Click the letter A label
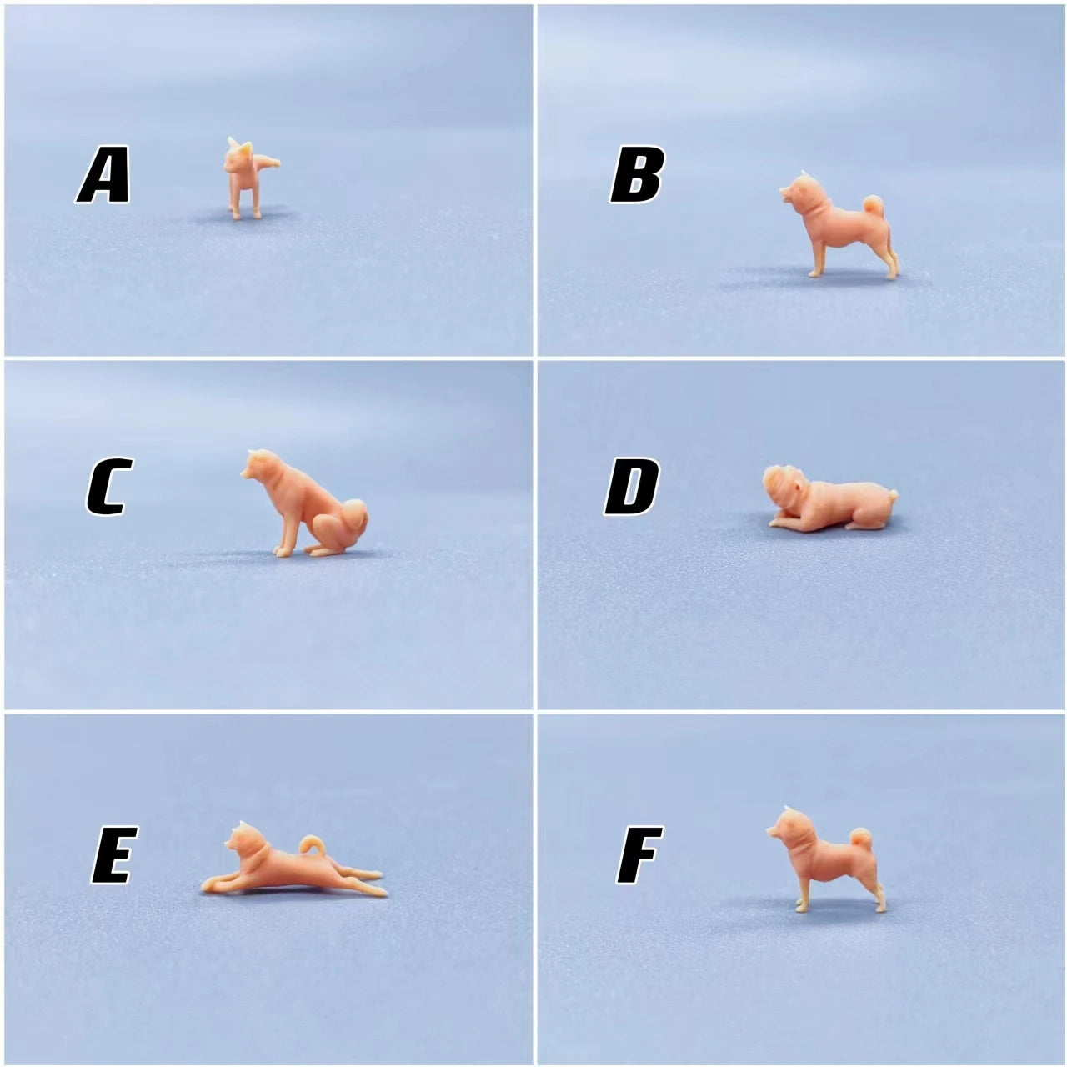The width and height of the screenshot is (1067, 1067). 103,174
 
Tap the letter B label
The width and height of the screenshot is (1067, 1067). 636,174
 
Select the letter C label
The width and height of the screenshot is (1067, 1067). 109,486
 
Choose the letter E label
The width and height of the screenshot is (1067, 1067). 114,854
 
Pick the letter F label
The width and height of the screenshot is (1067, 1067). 639,854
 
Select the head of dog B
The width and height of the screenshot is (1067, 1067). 800,193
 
